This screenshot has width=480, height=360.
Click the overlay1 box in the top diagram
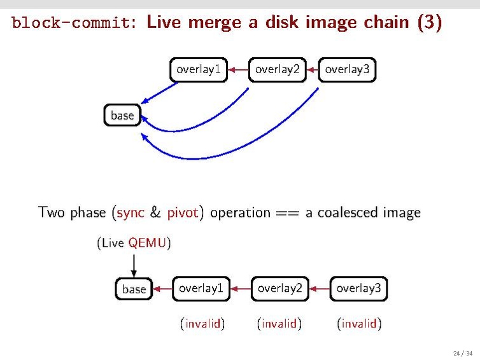point(199,70)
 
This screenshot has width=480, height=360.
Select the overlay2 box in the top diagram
point(278,70)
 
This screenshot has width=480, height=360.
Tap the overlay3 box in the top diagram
point(347,70)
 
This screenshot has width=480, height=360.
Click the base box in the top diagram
point(122,115)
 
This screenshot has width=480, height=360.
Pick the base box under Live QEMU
point(134,289)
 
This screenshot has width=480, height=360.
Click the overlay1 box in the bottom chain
point(201,288)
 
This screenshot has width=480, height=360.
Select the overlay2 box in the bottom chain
point(279,288)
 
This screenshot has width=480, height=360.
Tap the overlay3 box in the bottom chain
point(358,288)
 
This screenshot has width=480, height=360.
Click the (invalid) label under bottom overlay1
point(202,324)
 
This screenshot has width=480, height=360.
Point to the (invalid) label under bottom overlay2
point(279,324)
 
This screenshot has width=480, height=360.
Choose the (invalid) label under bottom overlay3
point(359,324)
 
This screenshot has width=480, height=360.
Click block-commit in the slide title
point(73,23)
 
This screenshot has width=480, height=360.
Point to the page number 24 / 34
point(463,353)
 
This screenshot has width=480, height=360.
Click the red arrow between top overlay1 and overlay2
point(239,70)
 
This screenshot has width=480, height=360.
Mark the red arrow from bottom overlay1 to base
point(163,289)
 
